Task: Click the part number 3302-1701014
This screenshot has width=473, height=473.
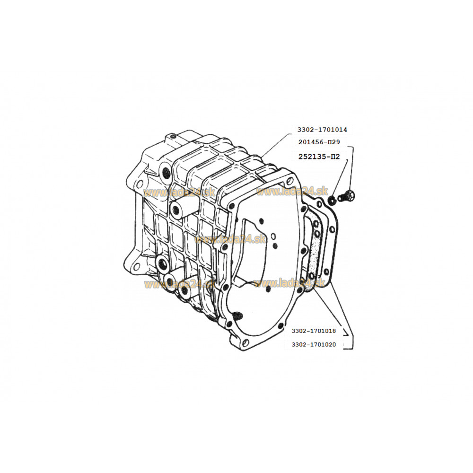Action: (x=322, y=130)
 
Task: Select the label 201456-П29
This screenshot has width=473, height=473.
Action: (x=319, y=142)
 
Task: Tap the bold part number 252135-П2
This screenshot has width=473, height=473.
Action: (x=319, y=157)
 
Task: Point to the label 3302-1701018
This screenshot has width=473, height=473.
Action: (x=314, y=331)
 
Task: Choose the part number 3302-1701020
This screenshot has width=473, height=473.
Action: (x=314, y=344)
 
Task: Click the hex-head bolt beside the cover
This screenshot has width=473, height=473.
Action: (x=347, y=196)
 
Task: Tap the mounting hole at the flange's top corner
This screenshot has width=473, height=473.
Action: (x=289, y=181)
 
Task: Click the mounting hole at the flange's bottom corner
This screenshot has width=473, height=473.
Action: (x=245, y=342)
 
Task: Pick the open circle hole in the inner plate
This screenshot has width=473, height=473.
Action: (x=273, y=236)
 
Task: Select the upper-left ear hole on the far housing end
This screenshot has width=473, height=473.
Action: (x=140, y=184)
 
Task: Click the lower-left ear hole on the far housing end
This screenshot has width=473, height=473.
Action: (x=136, y=267)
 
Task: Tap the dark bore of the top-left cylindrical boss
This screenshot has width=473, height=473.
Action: (x=166, y=173)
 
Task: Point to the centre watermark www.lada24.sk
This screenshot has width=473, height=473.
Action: (x=230, y=239)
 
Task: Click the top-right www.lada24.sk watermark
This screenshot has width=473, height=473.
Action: (x=292, y=191)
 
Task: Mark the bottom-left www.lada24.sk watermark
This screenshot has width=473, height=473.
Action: (x=179, y=284)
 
